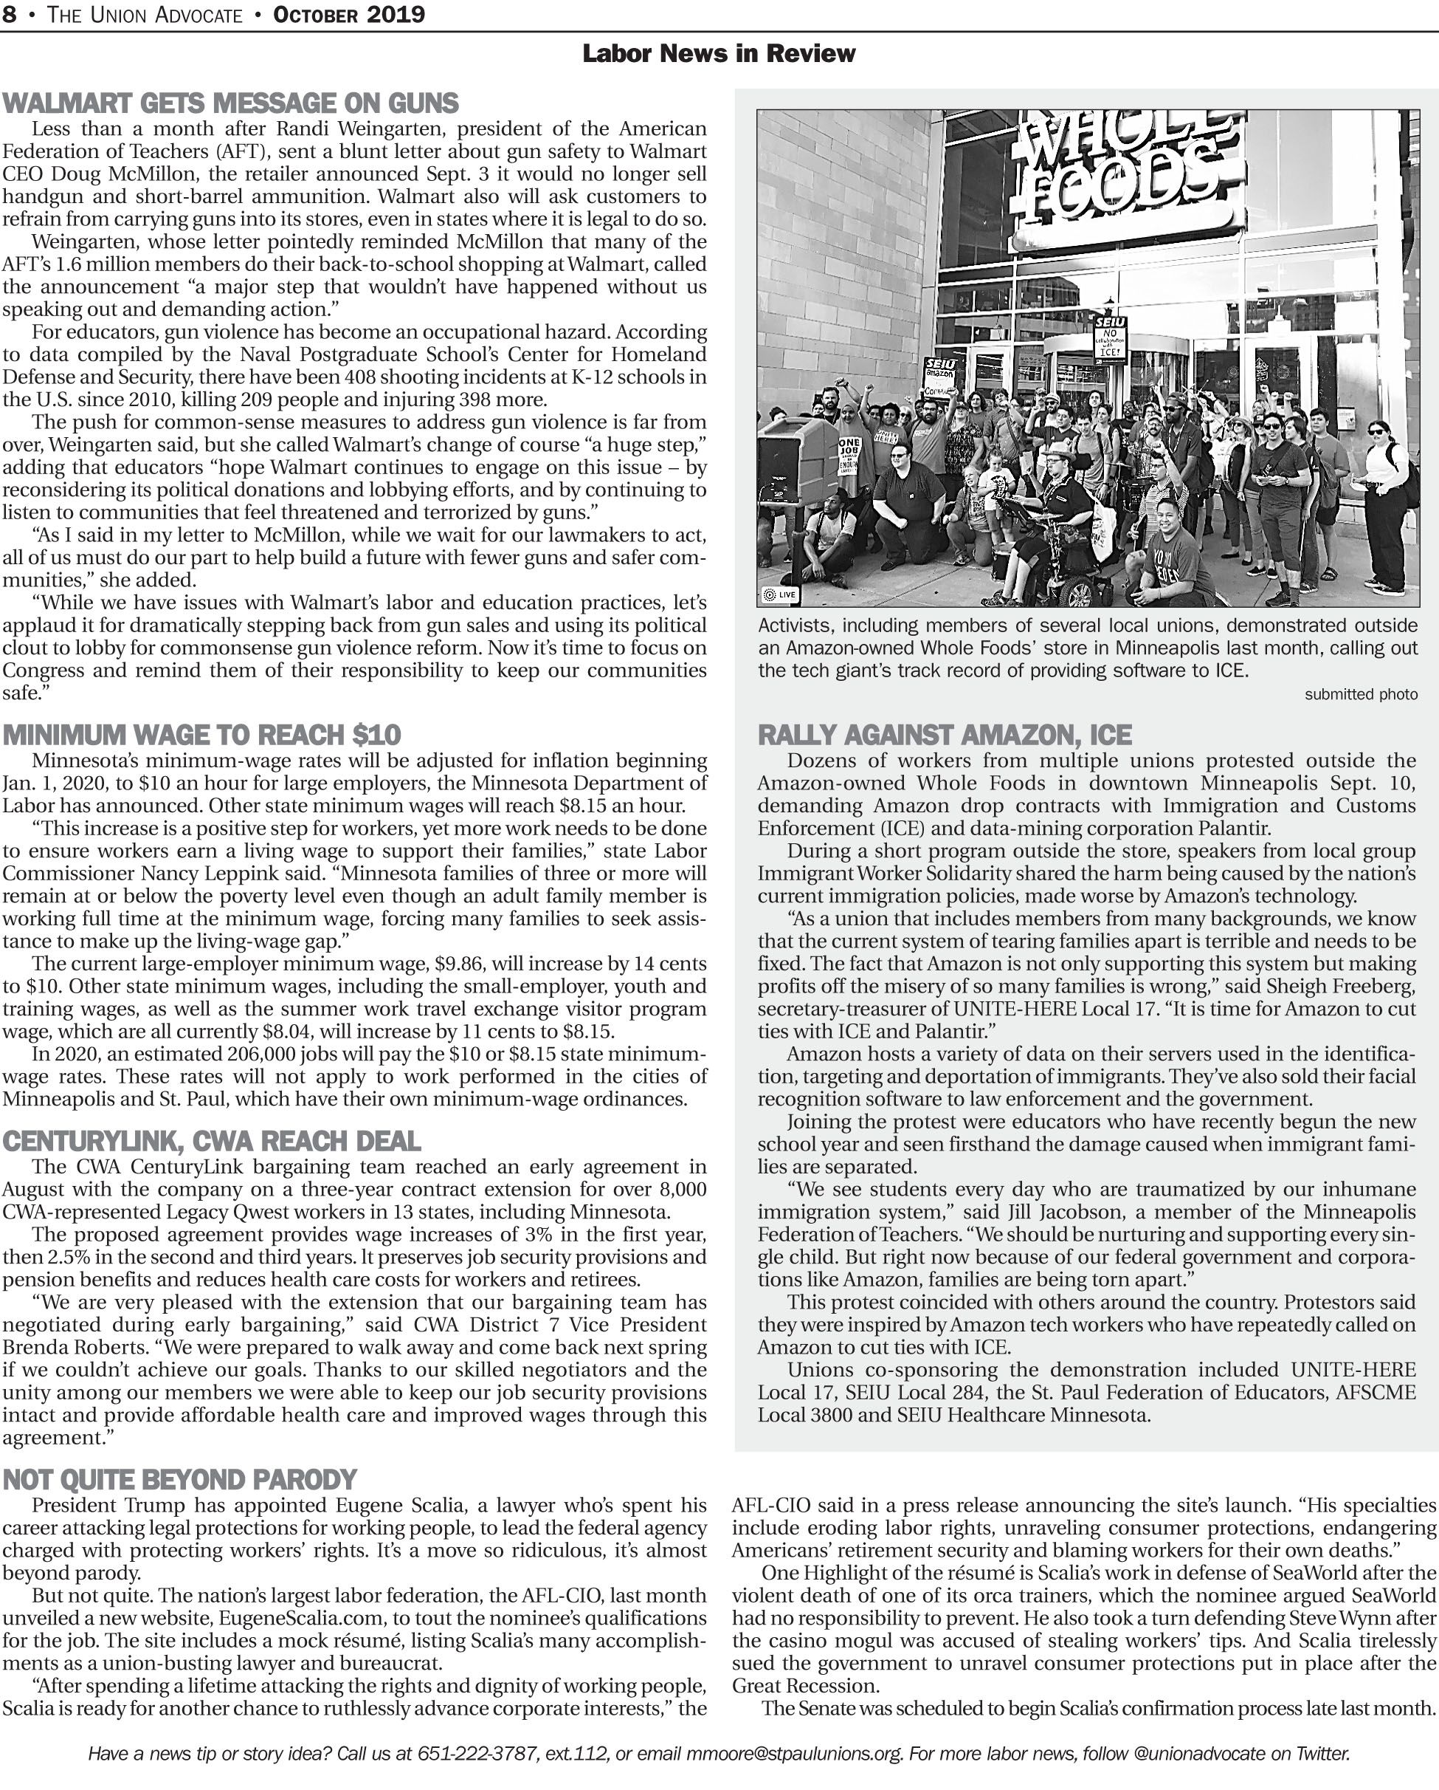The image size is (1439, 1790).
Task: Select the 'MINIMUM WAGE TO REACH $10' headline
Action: [x=201, y=735]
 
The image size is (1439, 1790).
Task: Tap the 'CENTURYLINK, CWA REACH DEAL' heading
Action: [x=211, y=1141]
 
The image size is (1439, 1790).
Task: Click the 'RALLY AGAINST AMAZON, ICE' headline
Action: [x=945, y=735]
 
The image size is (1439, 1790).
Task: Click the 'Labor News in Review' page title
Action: [x=719, y=54]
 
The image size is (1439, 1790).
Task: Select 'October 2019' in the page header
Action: [x=348, y=15]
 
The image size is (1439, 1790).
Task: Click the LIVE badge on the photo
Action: [x=780, y=594]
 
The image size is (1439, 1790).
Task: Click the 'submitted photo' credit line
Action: [x=1360, y=694]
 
